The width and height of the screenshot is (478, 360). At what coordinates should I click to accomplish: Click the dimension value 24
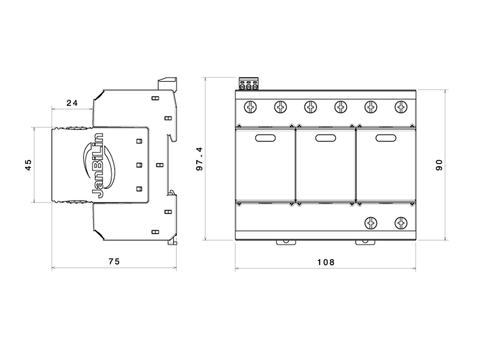tap(72, 103)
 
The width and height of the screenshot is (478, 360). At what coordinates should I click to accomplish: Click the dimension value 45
tap(28, 165)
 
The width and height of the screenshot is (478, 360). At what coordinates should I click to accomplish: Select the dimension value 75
tap(114, 261)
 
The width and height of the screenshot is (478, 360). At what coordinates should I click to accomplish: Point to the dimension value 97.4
tap(199, 159)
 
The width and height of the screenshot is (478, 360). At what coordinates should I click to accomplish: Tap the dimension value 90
tap(439, 165)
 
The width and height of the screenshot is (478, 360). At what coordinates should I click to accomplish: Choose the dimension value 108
tap(325, 262)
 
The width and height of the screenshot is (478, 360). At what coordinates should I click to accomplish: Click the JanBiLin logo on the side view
tap(99, 166)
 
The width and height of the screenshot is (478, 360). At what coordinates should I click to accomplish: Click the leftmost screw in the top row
tap(250, 107)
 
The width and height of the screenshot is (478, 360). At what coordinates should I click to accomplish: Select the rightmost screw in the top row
tap(401, 107)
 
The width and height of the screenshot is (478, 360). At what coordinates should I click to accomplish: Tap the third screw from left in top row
tap(310, 107)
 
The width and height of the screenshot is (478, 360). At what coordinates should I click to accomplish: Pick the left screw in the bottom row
tap(371, 223)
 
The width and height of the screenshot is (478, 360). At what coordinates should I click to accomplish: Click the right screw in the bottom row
tap(401, 223)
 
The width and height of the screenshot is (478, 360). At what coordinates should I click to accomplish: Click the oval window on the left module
tap(265, 138)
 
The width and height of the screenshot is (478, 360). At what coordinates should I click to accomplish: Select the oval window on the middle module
tap(325, 138)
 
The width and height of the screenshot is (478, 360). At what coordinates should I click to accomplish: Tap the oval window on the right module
tap(386, 138)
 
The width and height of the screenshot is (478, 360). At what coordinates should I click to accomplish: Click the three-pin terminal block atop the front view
tap(248, 83)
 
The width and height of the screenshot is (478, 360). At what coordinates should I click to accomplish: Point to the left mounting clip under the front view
tap(286, 243)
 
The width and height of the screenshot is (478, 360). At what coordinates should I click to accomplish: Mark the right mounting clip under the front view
tap(365, 243)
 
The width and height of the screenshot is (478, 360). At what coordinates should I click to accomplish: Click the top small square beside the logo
tap(139, 141)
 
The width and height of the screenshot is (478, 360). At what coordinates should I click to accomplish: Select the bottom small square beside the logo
tap(139, 189)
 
